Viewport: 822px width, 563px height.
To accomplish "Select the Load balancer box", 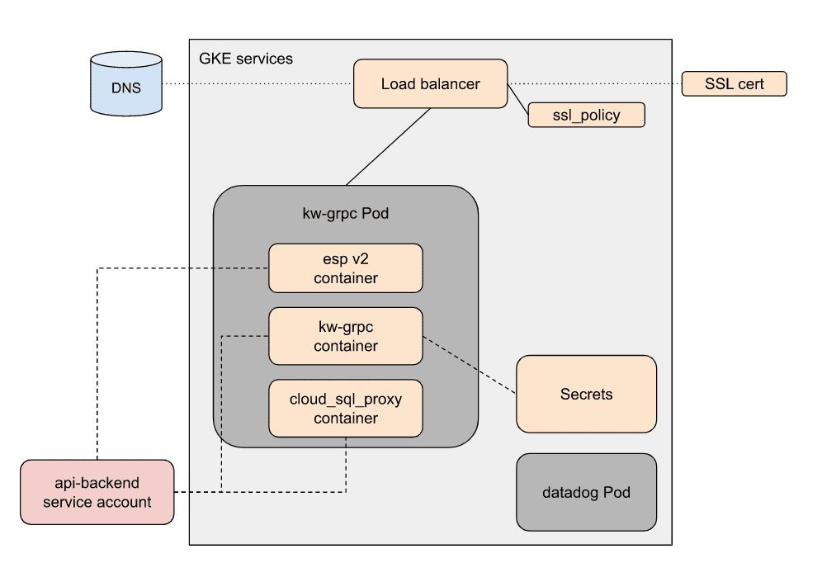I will coord(430,83).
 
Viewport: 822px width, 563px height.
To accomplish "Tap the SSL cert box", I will coord(734,83).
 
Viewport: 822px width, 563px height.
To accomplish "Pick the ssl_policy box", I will coord(586,115).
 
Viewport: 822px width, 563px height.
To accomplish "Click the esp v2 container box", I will coord(346,268).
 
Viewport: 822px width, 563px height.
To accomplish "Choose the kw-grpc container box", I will coord(346,336).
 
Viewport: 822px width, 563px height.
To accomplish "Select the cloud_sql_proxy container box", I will coord(346,408).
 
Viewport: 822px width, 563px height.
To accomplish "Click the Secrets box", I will coord(586,394).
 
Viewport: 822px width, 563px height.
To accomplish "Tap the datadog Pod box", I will coord(586,492).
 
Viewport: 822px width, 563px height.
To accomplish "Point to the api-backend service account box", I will coord(97,492).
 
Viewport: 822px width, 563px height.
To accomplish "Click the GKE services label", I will coord(246,59).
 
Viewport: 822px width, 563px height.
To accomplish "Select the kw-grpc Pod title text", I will coord(346,214).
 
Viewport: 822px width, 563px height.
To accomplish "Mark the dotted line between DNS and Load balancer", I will coord(256,84).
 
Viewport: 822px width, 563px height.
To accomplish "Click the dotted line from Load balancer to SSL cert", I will coord(594,84).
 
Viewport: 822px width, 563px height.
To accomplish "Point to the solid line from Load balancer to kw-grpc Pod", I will coord(388,147).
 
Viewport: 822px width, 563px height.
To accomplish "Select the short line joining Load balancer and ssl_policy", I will coord(518,100).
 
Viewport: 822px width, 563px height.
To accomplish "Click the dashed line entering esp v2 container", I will coord(182,267).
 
